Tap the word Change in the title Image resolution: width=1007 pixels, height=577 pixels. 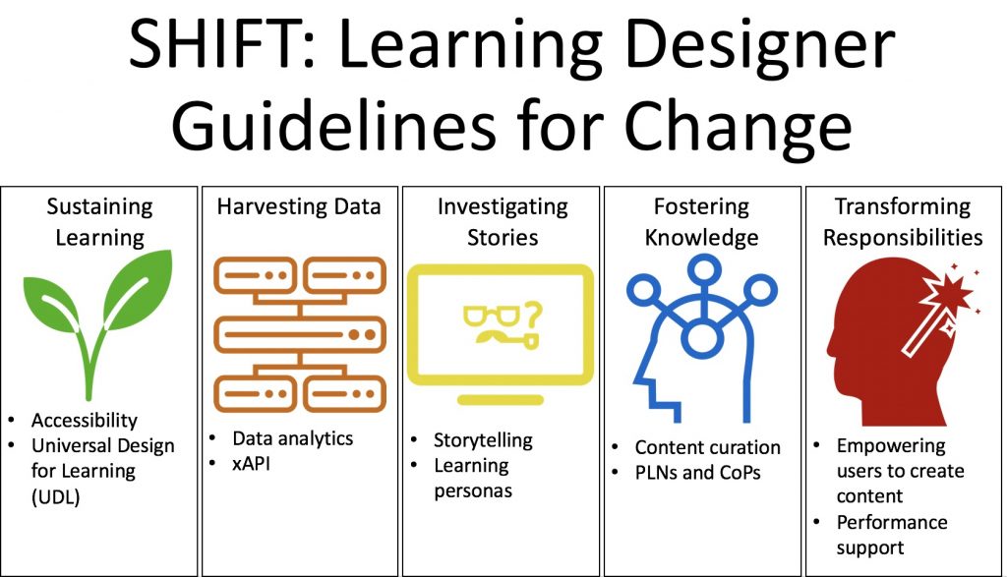(x=738, y=124)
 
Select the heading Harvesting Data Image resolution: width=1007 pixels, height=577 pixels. (x=299, y=206)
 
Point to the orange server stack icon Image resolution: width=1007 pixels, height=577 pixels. (x=300, y=334)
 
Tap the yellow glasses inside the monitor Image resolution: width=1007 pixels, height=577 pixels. (x=492, y=317)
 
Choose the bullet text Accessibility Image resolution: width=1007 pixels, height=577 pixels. (x=85, y=420)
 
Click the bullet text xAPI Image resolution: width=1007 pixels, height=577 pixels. (x=251, y=463)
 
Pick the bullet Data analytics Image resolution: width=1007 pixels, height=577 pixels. (x=292, y=438)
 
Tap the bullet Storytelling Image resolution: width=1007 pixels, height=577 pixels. (x=483, y=440)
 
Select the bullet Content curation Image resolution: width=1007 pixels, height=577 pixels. (x=708, y=447)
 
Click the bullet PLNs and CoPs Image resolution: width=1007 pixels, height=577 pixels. (x=697, y=473)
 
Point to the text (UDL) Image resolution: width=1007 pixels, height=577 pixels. (x=55, y=496)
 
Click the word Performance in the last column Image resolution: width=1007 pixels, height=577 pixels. (x=891, y=522)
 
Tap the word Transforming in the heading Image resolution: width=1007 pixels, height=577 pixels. (x=903, y=206)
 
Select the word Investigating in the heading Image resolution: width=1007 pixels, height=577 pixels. (x=503, y=207)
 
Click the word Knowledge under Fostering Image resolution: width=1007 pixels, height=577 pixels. (x=701, y=238)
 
